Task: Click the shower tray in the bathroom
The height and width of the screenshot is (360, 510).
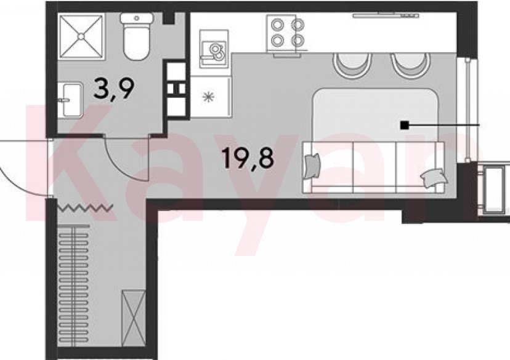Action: click(x=82, y=36)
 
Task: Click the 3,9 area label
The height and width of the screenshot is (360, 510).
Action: click(x=113, y=89)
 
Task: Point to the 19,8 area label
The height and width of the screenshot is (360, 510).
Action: click(x=247, y=157)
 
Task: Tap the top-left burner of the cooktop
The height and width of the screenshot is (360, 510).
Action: click(x=277, y=25)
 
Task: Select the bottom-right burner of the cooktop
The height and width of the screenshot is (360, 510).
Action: click(x=297, y=41)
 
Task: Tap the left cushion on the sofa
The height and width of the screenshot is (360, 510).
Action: click(x=312, y=166)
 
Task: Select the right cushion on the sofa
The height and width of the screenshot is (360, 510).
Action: click(x=432, y=178)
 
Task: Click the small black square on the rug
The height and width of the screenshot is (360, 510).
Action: click(x=404, y=125)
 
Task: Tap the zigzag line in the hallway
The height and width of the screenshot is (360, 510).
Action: click(x=85, y=207)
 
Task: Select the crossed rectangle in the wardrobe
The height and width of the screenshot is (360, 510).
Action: click(x=134, y=318)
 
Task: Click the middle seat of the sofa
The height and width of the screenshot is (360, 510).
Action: click(x=374, y=164)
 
